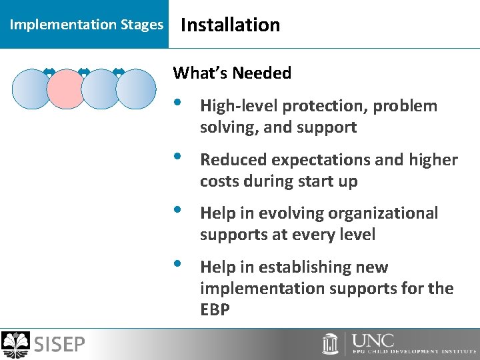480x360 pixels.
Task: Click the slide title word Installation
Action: click(x=230, y=25)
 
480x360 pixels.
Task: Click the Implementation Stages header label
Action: click(x=86, y=25)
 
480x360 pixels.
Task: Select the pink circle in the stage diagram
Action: click(x=67, y=89)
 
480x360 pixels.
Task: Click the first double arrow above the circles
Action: click(x=49, y=71)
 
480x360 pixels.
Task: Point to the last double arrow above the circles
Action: click(x=119, y=71)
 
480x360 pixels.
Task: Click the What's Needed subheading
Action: click(x=232, y=73)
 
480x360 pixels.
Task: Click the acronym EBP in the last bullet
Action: click(x=215, y=309)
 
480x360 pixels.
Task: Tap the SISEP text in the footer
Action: click(x=59, y=345)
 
